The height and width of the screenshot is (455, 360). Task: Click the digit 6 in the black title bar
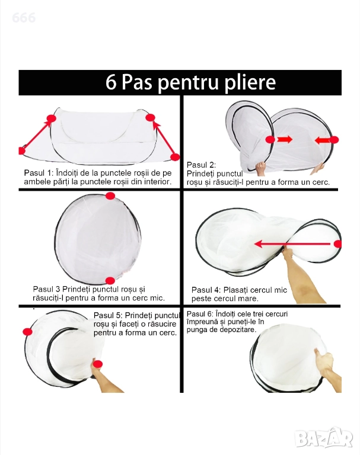point(111,82)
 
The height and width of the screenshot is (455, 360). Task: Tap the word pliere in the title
point(250,84)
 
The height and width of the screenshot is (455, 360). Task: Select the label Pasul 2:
point(201,165)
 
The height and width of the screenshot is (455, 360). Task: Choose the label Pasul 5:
point(108,315)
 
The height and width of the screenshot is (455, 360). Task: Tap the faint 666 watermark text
point(24,18)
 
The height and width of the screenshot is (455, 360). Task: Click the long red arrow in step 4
point(292,244)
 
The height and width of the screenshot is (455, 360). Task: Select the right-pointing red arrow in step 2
point(285,140)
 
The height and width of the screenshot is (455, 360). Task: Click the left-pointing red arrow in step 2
point(322,140)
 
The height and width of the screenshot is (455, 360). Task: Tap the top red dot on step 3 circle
point(110,196)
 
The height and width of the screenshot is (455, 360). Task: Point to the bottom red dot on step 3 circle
point(110,281)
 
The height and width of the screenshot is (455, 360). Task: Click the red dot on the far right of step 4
point(338,244)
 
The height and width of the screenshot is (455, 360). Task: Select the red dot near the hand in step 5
point(98,364)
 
